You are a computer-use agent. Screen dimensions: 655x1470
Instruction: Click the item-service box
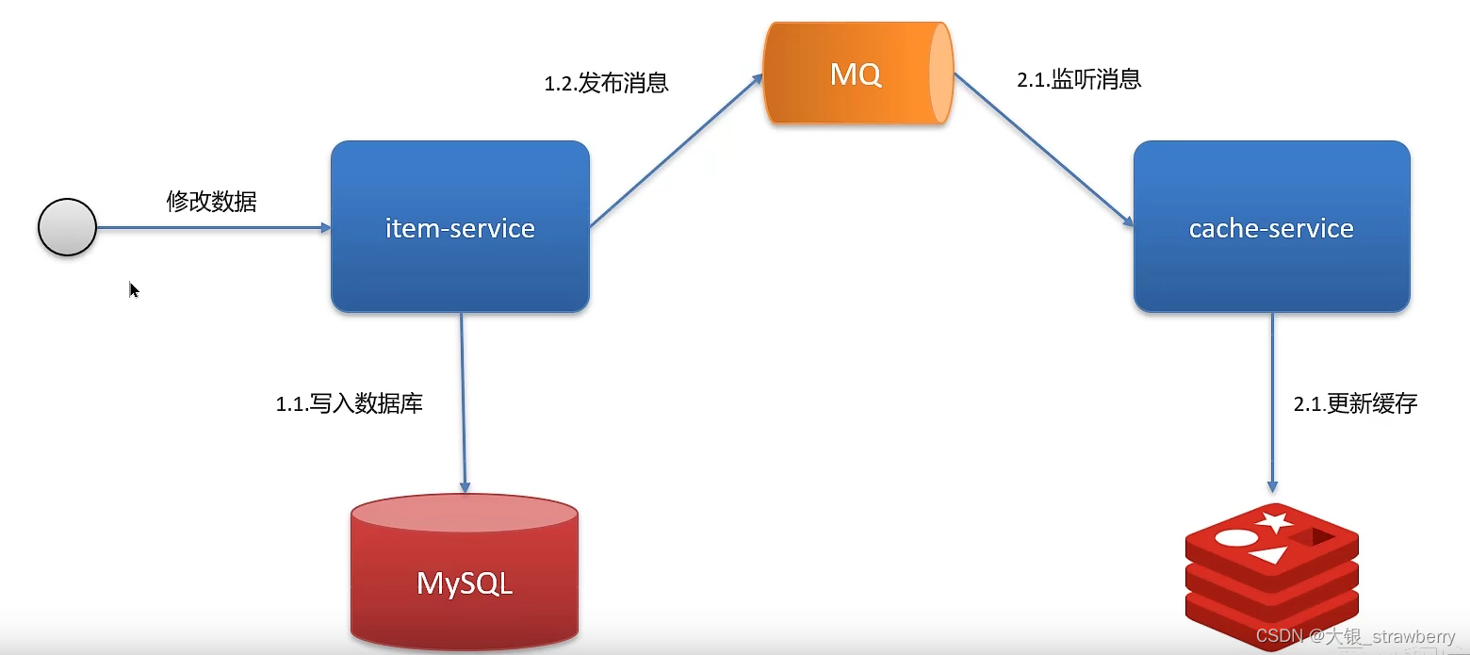[460, 227]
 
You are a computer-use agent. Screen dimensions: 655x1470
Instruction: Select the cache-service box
[1271, 227]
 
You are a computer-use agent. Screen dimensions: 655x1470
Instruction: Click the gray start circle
[67, 227]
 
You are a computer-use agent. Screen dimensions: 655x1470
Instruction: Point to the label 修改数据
[211, 201]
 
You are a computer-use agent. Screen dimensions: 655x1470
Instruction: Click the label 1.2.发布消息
[606, 83]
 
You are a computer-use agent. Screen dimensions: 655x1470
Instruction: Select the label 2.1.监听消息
[1079, 79]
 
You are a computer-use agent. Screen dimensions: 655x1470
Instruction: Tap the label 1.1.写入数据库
[349, 404]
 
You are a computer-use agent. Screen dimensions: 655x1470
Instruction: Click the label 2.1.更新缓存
[1355, 404]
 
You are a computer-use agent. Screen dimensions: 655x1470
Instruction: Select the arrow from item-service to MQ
[676, 152]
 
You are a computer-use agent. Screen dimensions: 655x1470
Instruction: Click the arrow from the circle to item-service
[212, 227]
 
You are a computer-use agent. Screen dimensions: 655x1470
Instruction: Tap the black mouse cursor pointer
[134, 289]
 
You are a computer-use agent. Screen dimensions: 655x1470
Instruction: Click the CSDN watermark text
[1355, 637]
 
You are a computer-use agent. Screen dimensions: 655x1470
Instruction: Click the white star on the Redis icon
[1275, 520]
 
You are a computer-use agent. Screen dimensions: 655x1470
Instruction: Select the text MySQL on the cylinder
[464, 583]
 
